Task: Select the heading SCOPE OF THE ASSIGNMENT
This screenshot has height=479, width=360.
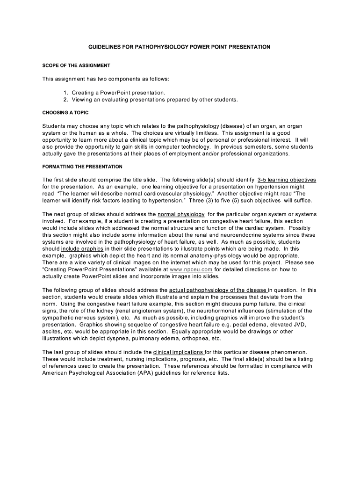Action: tap(76, 65)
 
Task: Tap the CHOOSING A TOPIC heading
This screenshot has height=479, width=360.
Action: tap(65, 113)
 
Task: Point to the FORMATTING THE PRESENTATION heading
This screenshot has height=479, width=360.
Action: tap(82, 167)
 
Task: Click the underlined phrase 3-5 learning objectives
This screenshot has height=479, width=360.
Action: tap(287, 180)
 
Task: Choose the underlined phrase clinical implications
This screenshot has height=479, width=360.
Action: tap(179, 352)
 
